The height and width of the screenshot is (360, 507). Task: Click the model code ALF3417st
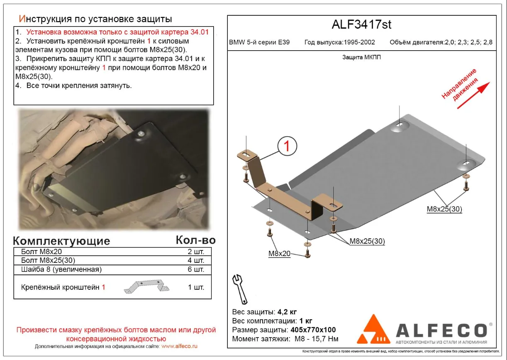[361, 24]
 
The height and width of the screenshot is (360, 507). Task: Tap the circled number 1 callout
[287, 146]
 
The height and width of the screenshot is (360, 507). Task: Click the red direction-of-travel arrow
[473, 95]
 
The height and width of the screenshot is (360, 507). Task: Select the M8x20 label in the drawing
[279, 254]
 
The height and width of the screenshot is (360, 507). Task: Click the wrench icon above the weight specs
[240, 289]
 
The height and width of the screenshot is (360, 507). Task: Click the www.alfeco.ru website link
[179, 346]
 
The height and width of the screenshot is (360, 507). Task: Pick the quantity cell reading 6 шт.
[196, 269]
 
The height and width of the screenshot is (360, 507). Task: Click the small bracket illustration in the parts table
[147, 287]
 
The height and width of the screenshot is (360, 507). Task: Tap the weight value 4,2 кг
[287, 312]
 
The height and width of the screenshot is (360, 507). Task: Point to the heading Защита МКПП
[361, 57]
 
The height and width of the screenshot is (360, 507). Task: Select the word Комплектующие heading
[61, 241]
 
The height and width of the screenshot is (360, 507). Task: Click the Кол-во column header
[196, 240]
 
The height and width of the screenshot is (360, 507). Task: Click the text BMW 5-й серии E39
[259, 42]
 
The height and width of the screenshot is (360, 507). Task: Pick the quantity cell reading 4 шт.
[196, 260]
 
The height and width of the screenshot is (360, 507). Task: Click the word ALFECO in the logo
[441, 331]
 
